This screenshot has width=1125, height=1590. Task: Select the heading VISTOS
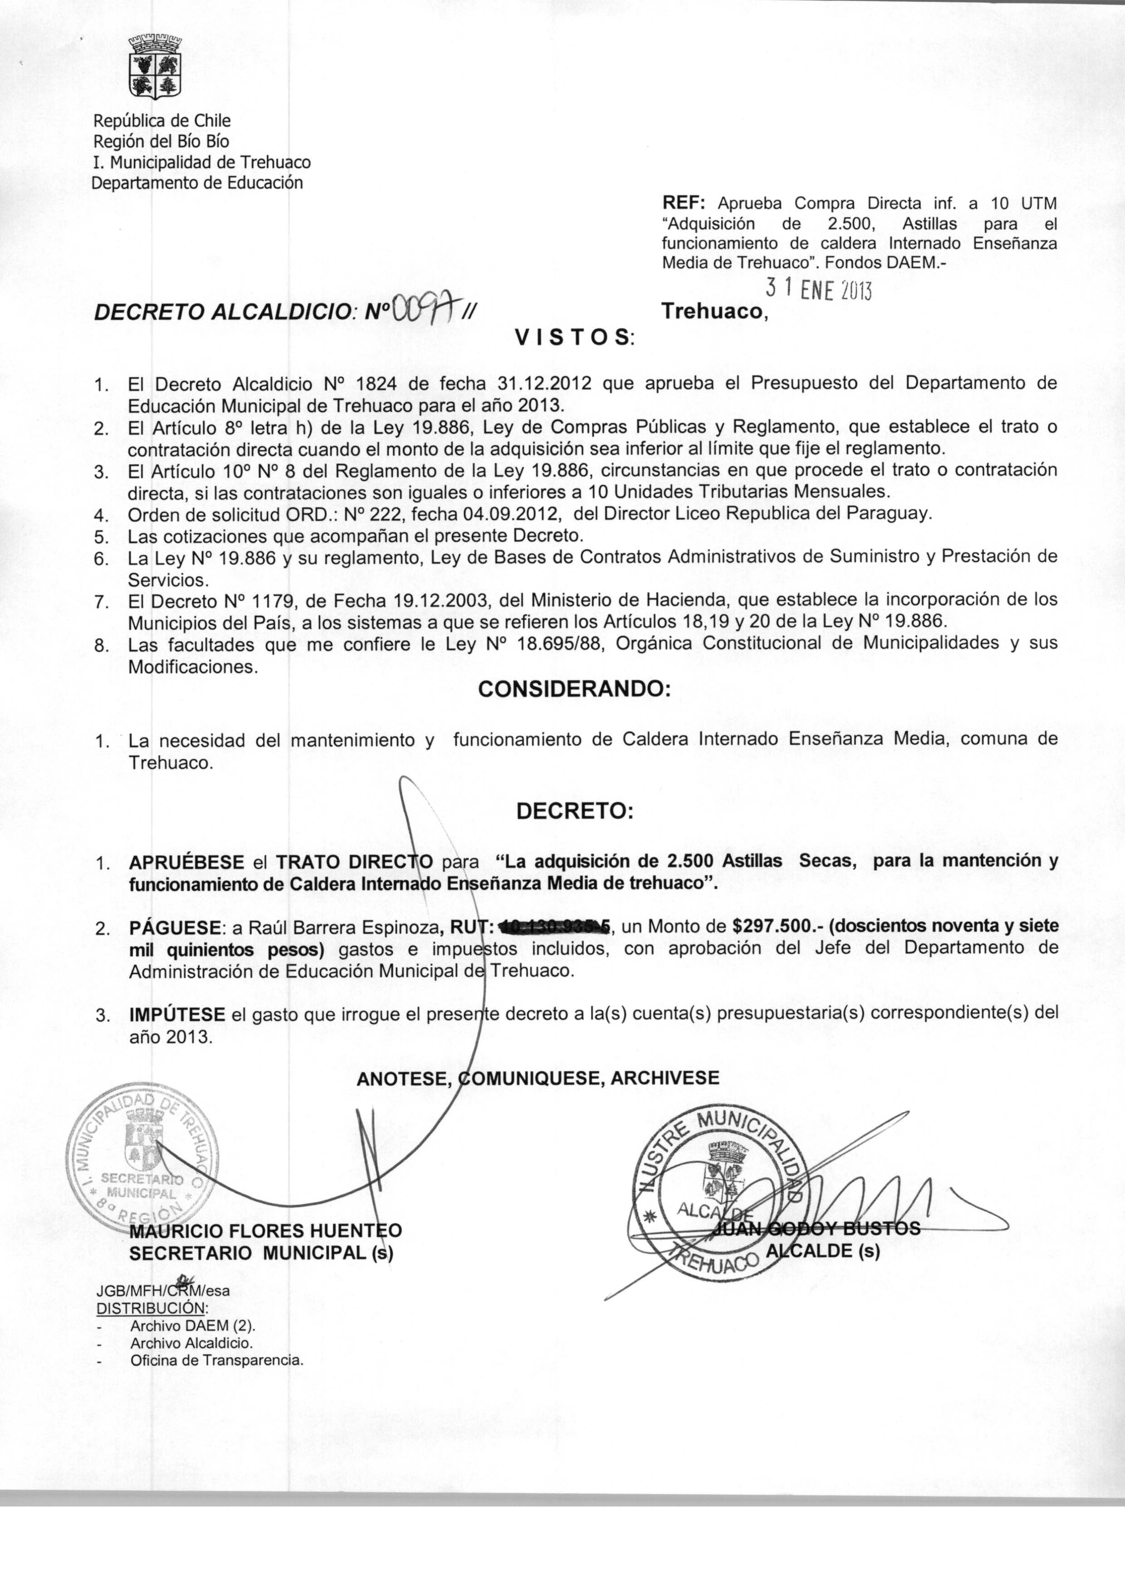[x=575, y=338]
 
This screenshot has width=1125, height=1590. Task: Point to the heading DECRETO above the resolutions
[x=574, y=811]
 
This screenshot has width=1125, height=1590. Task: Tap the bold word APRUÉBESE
[x=186, y=863]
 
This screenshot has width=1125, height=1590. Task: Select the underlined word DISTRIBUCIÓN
[x=151, y=1309]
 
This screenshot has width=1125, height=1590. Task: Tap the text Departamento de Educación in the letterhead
[x=197, y=183]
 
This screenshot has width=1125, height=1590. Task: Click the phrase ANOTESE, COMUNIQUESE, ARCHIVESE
[x=538, y=1077]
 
